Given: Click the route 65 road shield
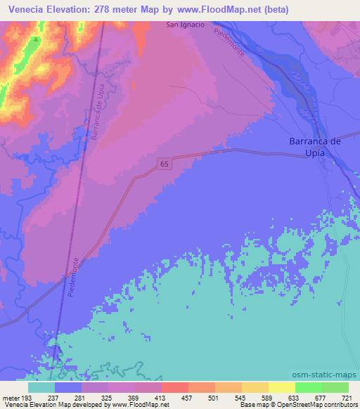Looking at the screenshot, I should pos(164,164).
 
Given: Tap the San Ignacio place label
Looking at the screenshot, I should pos(186,25).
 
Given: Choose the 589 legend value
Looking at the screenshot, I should pos(267,397).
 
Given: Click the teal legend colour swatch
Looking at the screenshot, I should pos(41,387).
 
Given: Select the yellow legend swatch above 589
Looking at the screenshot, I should pos(255,387).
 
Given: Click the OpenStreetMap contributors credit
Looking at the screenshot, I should pos(314,405).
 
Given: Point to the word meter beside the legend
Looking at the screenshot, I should pos(9,397).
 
